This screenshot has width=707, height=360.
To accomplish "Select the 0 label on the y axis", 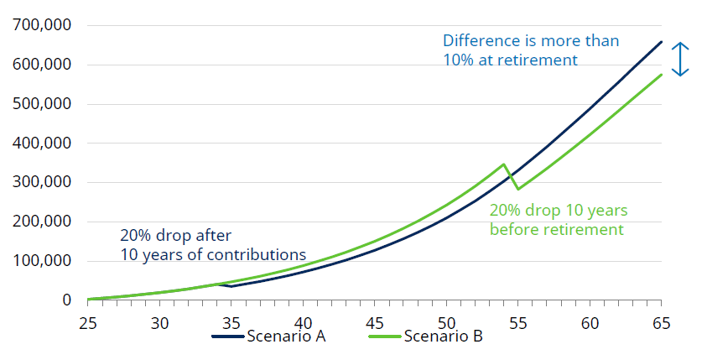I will coord(65,300).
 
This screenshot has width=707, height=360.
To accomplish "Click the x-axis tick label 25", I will coord(88,321).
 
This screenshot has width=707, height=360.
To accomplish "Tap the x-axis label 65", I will coord(662,321).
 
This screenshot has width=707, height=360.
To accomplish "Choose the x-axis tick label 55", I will coord(518,321).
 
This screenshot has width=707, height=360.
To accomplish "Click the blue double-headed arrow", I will coord(681,59).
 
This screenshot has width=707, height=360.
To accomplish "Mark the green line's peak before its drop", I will coord(503,164).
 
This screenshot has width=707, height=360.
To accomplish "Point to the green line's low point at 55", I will coord(517,189).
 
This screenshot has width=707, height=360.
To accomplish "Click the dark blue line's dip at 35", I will coord(231,286).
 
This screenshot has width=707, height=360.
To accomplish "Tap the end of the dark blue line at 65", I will coord(662,42).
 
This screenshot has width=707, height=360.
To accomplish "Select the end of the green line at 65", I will coord(662,75).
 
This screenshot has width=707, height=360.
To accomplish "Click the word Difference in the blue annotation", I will coord(480,40).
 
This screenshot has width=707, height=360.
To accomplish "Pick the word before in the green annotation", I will coord(515,229).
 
